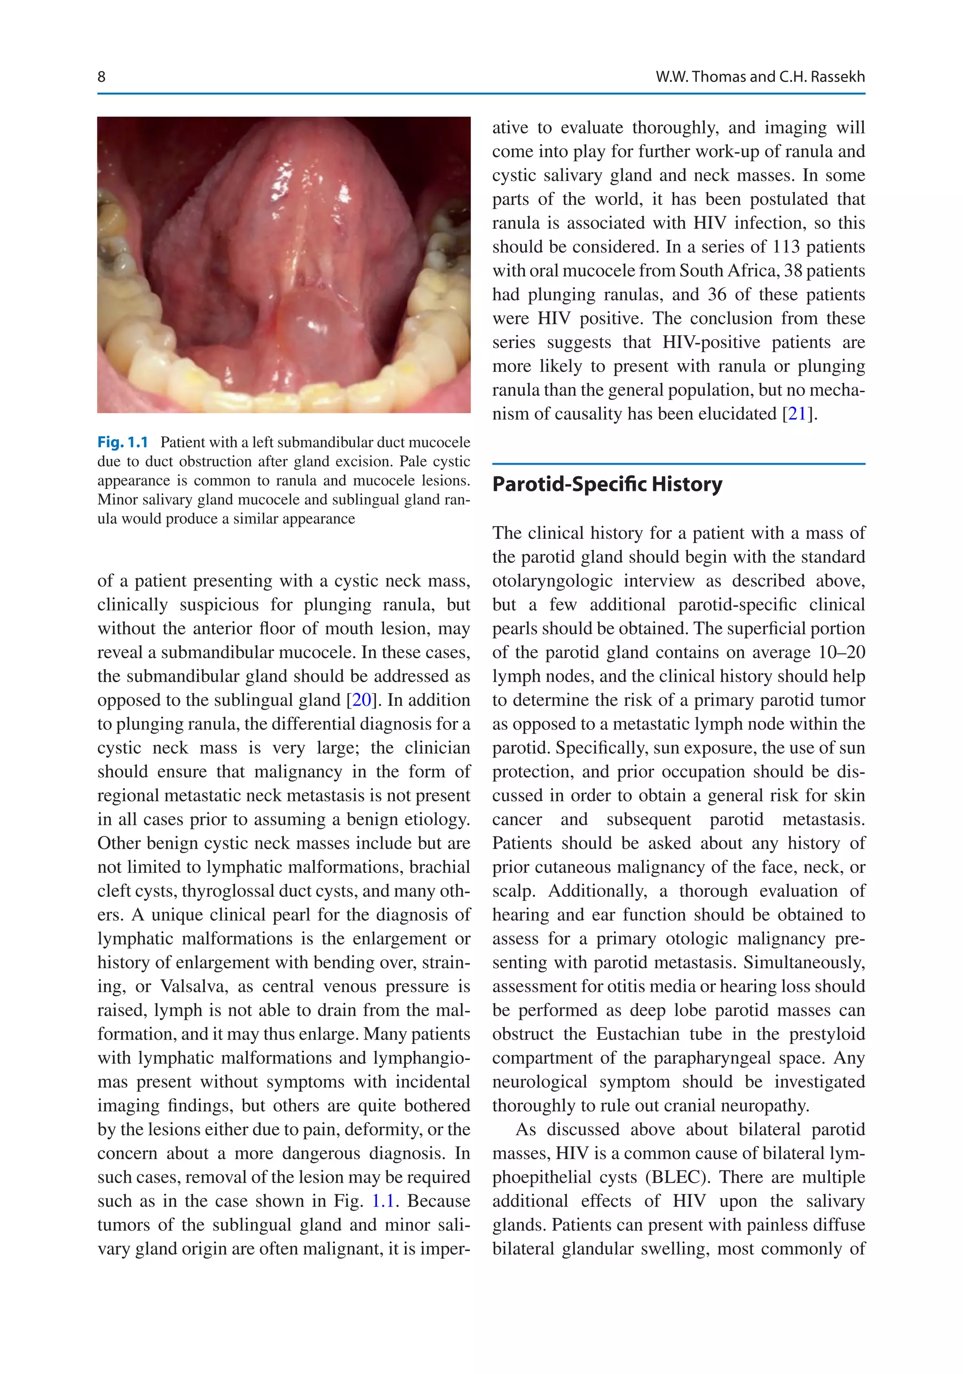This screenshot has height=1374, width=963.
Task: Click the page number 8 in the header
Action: coord(101,77)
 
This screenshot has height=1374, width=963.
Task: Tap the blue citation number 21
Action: coord(797,414)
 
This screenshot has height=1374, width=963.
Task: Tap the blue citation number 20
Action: coord(362,700)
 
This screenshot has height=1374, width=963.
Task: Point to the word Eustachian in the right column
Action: coord(634,1034)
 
